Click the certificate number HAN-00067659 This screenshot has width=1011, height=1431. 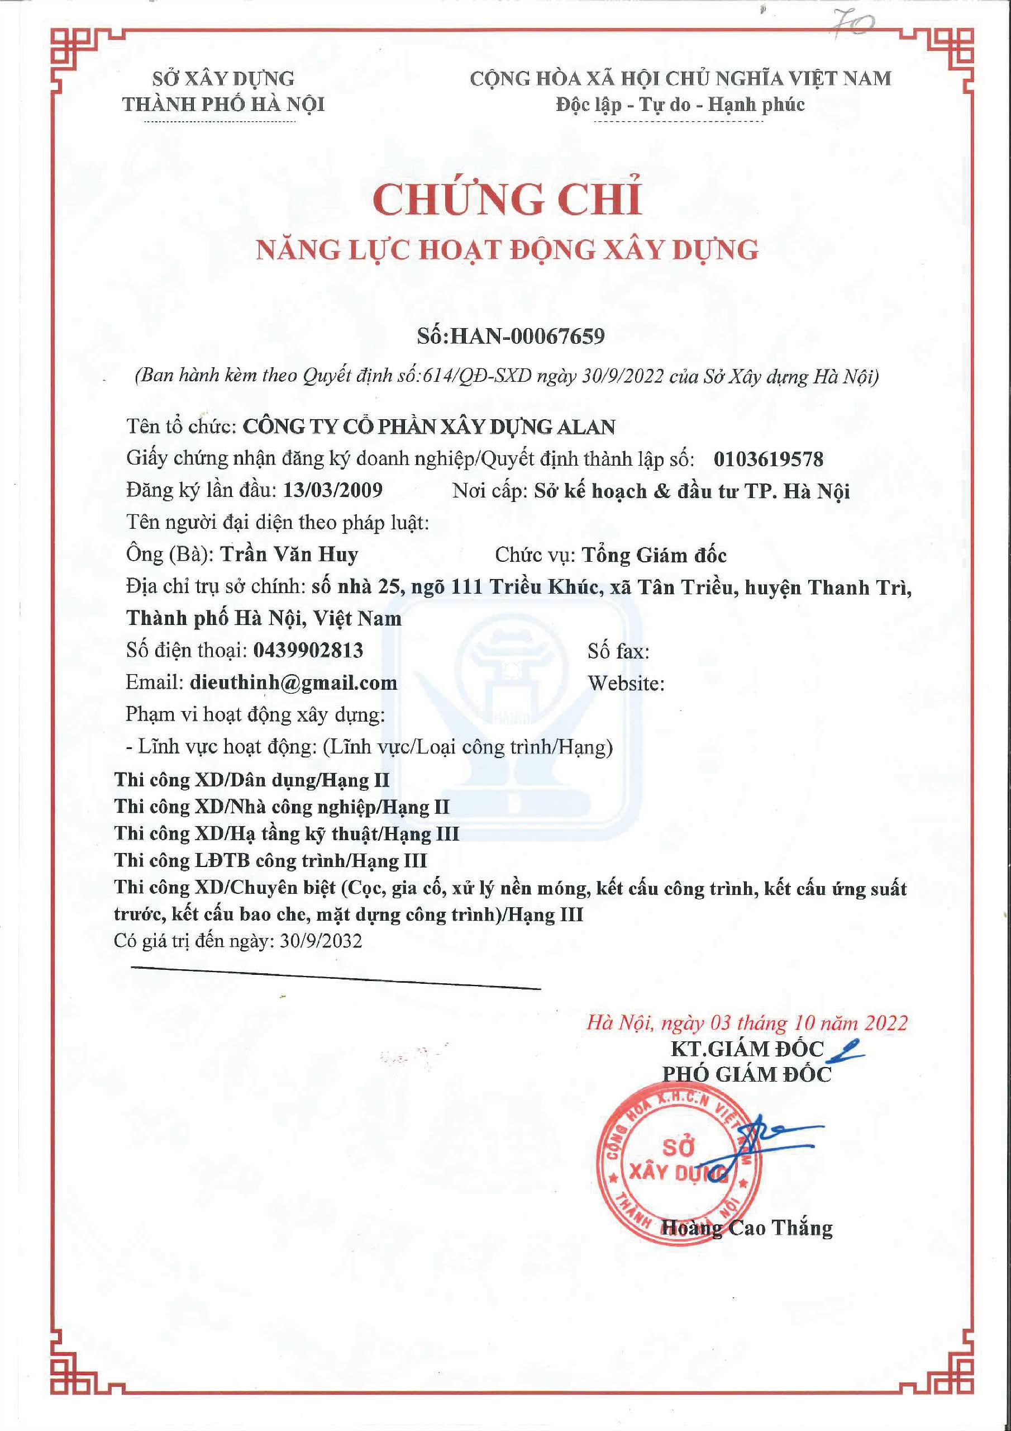point(527,337)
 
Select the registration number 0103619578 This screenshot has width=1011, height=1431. point(768,459)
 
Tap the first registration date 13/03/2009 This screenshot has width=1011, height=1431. point(333,490)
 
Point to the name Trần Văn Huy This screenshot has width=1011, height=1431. point(290,554)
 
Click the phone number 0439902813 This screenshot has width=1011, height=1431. point(308,651)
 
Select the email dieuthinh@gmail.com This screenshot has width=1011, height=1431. point(293,683)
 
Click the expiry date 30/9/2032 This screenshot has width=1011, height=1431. point(321,941)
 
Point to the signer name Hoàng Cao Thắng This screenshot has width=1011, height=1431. point(746,1228)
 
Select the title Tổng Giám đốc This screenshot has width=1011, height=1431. point(654,555)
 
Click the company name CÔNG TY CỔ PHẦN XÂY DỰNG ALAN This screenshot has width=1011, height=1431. point(428,427)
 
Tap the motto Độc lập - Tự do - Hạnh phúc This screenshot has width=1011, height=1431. point(680,105)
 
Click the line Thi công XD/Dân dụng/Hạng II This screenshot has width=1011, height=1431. point(252,780)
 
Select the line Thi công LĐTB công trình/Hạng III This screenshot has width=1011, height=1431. point(270,861)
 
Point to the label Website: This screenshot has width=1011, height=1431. point(626,684)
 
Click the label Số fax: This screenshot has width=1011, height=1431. point(618,652)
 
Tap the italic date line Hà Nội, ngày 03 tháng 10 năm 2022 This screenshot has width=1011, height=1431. point(747,1023)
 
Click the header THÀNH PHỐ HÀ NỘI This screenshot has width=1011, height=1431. point(223,105)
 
